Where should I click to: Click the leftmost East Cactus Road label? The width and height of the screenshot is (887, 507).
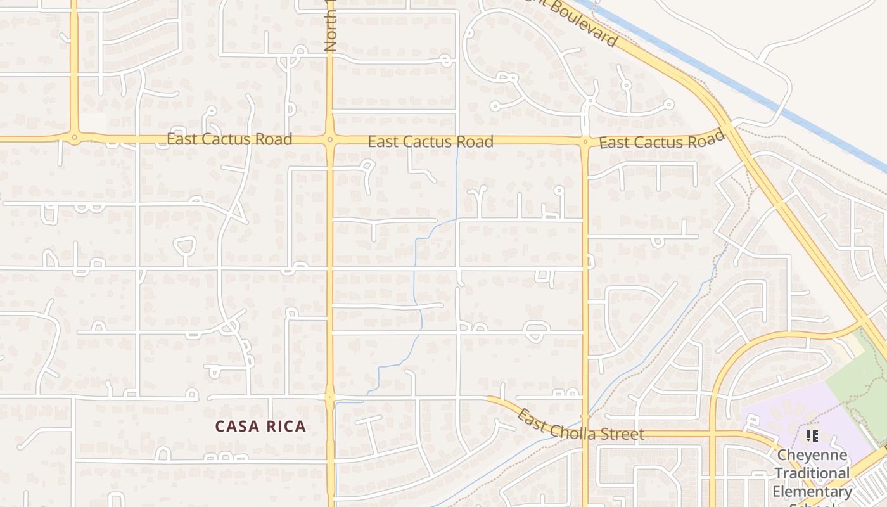coord(229,139)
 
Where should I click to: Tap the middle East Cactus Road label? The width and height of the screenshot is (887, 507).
coord(430,141)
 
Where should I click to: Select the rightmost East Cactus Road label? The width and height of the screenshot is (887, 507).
coord(661,141)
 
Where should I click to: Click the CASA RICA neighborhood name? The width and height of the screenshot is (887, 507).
coord(260,427)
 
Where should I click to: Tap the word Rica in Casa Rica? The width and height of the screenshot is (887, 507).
coord(283,427)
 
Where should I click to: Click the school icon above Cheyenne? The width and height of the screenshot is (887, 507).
coord(812,436)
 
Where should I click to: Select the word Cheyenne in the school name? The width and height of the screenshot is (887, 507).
coord(812,455)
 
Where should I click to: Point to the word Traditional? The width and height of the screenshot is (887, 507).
coord(812,473)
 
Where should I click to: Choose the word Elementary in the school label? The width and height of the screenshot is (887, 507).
coord(812,491)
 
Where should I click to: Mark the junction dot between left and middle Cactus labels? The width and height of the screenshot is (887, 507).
coord(329,139)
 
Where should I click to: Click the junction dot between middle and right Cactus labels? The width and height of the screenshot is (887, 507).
coord(585,142)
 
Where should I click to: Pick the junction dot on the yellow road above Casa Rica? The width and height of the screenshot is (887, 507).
coord(329,397)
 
